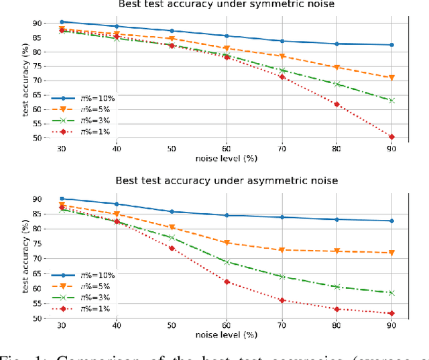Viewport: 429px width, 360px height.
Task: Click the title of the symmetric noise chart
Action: point(227,4)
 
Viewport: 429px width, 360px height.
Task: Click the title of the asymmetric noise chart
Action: point(227,180)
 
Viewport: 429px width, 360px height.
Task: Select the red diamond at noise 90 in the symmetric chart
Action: point(391,137)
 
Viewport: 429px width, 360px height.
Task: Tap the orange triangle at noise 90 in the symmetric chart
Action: point(391,78)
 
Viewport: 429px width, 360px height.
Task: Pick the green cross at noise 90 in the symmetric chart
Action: point(391,101)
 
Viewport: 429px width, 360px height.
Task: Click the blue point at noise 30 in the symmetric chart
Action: point(62,22)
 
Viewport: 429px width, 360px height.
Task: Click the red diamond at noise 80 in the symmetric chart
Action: point(336,104)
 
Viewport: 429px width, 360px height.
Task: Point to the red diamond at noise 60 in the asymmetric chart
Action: point(227,282)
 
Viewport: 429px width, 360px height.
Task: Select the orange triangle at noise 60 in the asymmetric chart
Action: point(227,243)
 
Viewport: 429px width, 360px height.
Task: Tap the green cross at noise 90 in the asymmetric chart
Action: point(391,293)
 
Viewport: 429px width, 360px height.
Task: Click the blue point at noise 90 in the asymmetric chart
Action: point(391,221)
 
